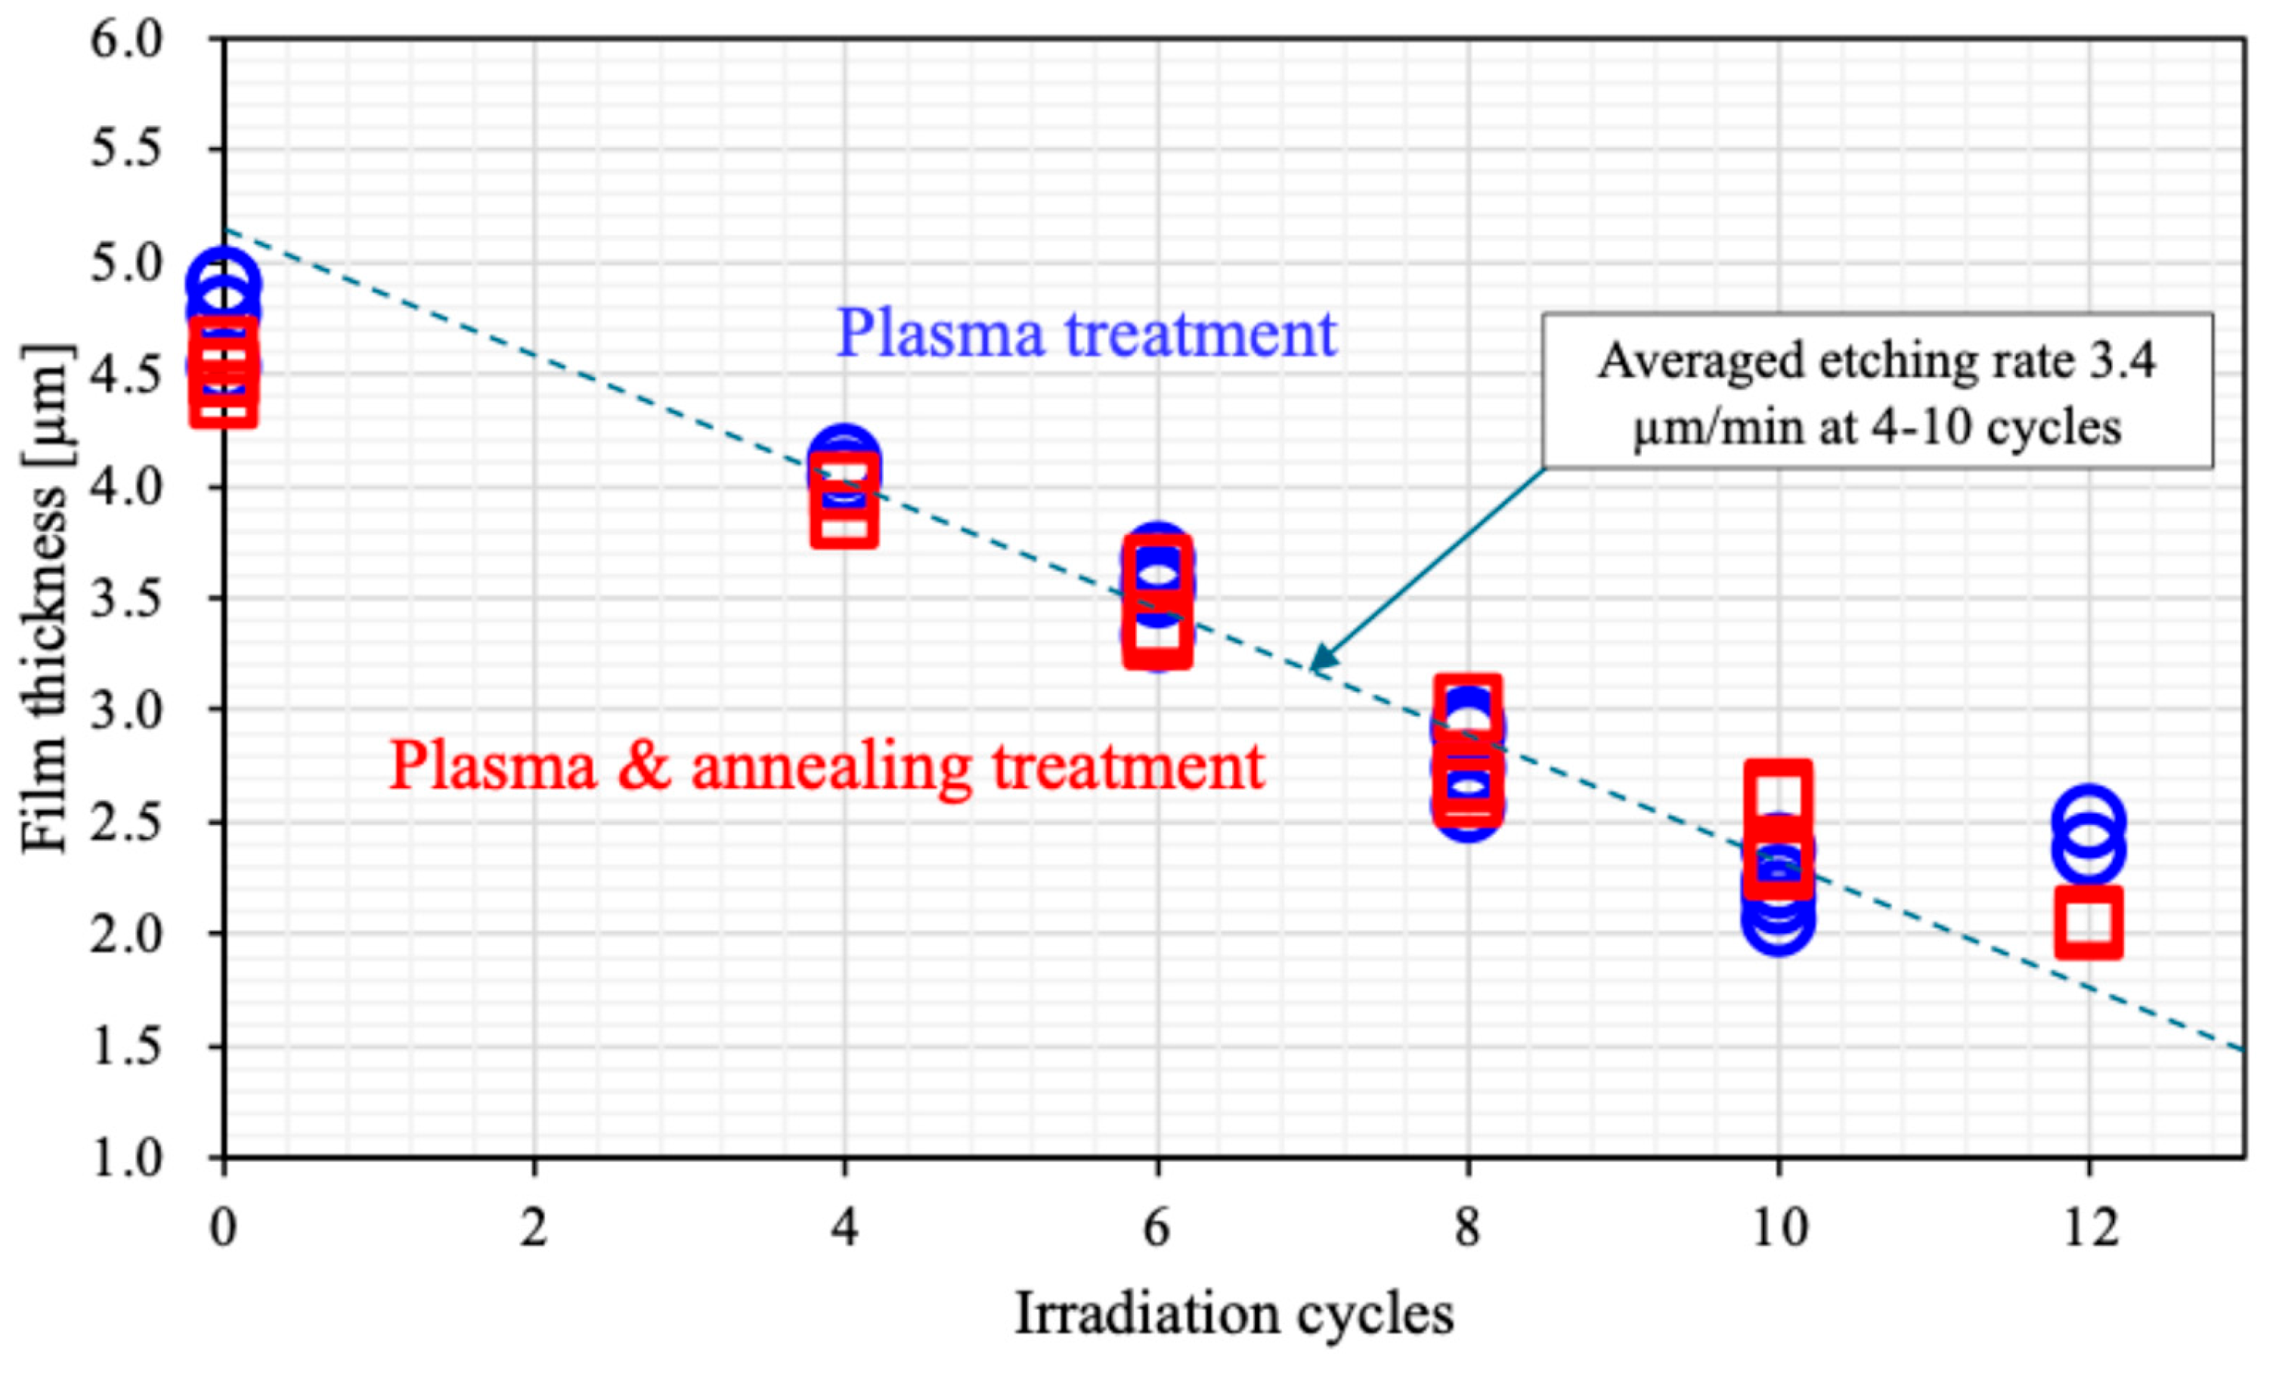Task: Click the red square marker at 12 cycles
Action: [2088, 922]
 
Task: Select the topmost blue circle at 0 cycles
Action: [223, 281]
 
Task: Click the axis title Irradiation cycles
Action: [1234, 1314]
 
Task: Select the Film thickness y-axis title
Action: [45, 598]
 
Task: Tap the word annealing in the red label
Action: [831, 767]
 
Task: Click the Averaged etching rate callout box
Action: [1876, 391]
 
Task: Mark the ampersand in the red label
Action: [644, 767]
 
